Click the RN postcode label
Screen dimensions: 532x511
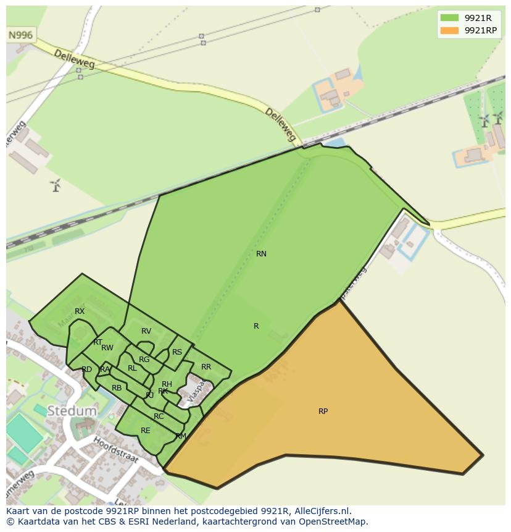pos(261,254)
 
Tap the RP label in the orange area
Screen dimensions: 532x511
pos(323,412)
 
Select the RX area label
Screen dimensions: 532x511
pos(80,311)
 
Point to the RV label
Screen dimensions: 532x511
pos(146,331)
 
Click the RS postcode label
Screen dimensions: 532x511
pos(177,352)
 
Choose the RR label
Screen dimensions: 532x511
pos(206,367)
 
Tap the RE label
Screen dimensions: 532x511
pos(146,431)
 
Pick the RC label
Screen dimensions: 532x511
pos(159,416)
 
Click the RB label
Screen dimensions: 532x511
pos(117,388)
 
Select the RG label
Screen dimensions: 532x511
pos(144,360)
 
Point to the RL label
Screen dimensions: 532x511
pos(132,368)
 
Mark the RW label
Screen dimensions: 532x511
pos(107,348)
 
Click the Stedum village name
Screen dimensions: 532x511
pos(72,411)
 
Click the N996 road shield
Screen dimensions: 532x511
pos(20,35)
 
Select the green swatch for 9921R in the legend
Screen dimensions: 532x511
pos(450,18)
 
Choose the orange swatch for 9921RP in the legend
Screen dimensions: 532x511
pos(450,30)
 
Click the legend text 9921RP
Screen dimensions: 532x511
pos(480,30)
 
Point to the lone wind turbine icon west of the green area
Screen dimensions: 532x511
pos(56,185)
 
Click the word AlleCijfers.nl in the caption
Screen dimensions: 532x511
pos(322,512)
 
